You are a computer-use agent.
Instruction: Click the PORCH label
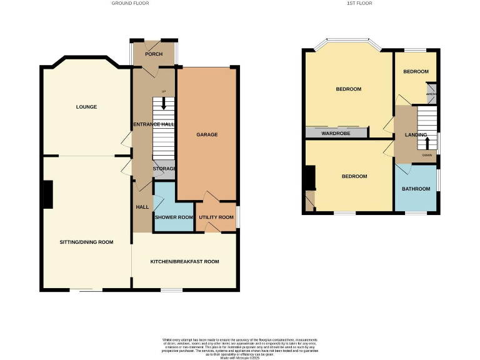pos(154,54)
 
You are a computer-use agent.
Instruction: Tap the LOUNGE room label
pos(86,107)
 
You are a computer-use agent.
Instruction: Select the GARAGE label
pos(206,134)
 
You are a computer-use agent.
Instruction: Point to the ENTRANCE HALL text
pos(153,124)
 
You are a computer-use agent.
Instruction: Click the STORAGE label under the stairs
pos(165,169)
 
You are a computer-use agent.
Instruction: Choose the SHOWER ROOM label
pos(174,217)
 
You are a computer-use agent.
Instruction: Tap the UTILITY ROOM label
pos(216,217)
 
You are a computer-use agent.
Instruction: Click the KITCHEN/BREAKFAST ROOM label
pos(184,261)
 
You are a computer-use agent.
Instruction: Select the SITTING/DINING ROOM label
pos(86,242)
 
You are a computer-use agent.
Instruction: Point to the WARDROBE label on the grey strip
pos(336,133)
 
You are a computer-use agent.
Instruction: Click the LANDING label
pos(416,135)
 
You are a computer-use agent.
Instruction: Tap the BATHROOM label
pos(416,189)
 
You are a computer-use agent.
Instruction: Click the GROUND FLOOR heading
pos(130,3)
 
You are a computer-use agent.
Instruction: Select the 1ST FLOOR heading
pos(361,3)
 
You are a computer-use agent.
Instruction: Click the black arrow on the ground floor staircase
pos(164,106)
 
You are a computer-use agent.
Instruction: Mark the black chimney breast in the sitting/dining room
pos(47,194)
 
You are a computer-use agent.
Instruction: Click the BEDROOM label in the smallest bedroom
pos(416,72)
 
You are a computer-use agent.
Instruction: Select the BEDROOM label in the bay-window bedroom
pos(348,89)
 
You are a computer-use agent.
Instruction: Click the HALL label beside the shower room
pos(142,207)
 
